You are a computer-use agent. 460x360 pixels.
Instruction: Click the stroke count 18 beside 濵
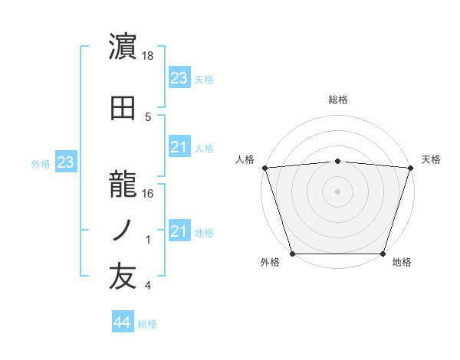[x=149, y=57]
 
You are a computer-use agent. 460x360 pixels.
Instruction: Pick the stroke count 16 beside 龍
[x=149, y=194]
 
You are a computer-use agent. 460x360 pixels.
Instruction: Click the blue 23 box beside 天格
[x=179, y=78]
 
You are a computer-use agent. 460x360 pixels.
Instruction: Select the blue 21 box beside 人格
[x=179, y=147]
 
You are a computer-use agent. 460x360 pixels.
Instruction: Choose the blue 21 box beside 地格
[x=179, y=231]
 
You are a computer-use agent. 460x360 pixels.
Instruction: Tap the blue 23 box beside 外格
[x=66, y=162]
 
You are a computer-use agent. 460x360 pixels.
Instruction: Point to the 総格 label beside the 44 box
[x=147, y=324]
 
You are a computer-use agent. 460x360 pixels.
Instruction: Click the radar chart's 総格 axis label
[x=338, y=100]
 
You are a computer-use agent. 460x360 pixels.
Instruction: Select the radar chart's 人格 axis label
[x=245, y=159]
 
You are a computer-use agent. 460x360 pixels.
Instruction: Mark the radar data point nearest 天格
[x=411, y=168]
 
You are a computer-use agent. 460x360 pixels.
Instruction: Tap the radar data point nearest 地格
[x=383, y=254]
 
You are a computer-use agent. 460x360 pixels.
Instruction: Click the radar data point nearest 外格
[x=292, y=254]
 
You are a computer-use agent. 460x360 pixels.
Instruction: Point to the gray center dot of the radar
[x=337, y=191]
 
